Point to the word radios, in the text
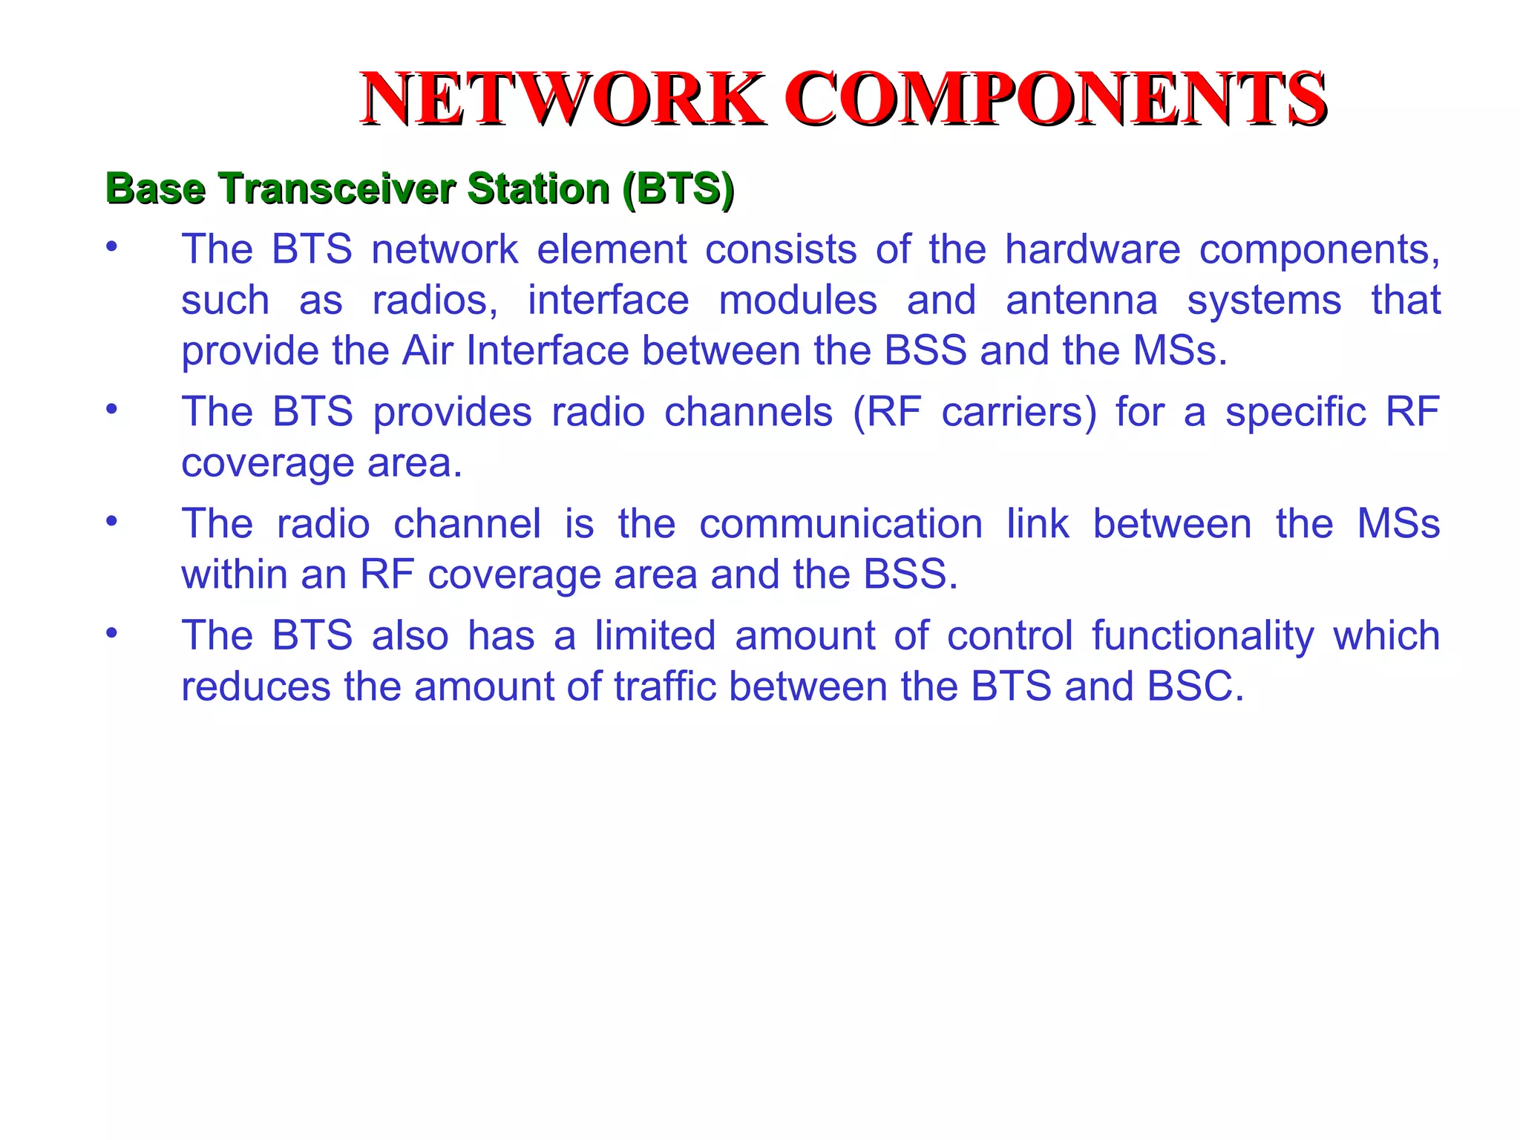[x=435, y=301]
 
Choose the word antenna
[x=1081, y=301]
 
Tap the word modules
[x=798, y=301]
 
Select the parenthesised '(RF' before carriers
[x=887, y=412]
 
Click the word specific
[x=1295, y=412]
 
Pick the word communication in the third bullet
[x=841, y=524]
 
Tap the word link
[x=1038, y=524]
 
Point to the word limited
[x=655, y=636]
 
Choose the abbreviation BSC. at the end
[x=1195, y=687]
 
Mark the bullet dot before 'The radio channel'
[x=111, y=521]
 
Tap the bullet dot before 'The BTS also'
[x=111, y=633]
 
